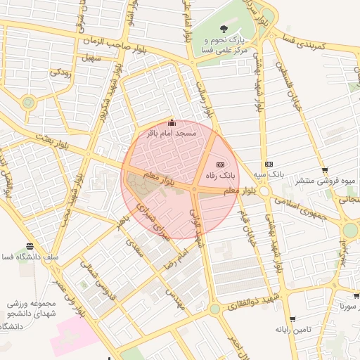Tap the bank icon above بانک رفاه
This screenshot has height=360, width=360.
[220, 161]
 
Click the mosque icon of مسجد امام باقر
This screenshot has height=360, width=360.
[172, 124]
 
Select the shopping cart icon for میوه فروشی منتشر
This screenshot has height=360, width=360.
[324, 169]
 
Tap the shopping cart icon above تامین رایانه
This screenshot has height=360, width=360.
[292, 319]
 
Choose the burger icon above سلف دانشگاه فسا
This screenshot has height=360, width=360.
[30, 246]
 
